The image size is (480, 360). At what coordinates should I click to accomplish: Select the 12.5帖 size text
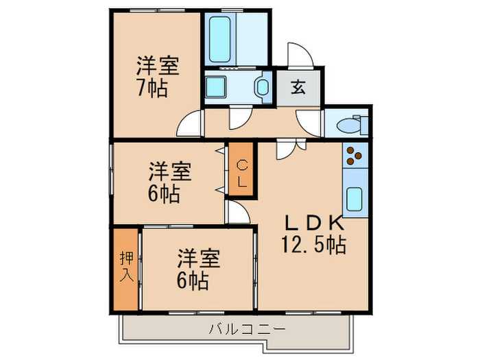[x=313, y=243]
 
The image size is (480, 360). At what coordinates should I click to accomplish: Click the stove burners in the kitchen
[x=355, y=158]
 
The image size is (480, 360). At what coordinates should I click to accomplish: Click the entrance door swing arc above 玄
[x=300, y=56]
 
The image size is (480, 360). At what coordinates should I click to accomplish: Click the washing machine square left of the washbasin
[x=221, y=87]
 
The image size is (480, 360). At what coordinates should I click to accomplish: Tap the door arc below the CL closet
[x=238, y=213]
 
